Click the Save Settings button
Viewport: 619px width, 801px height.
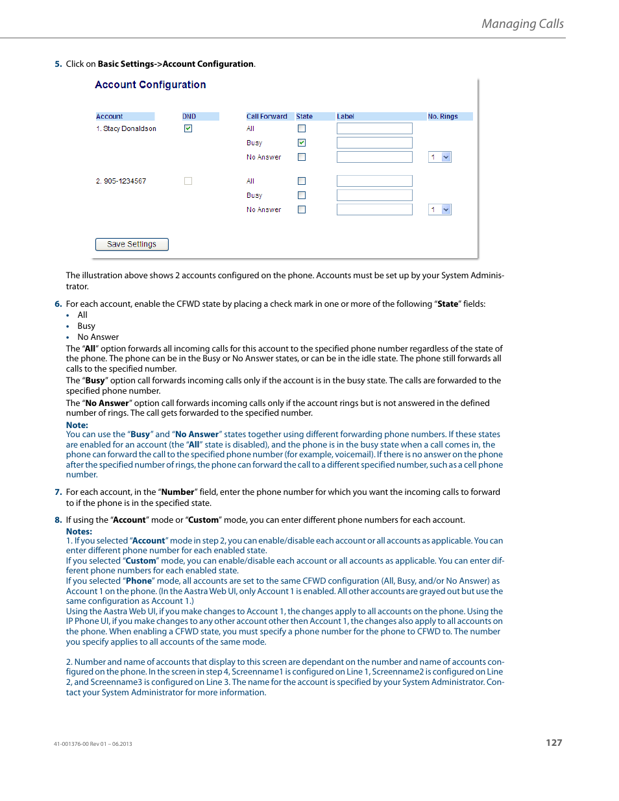(132, 245)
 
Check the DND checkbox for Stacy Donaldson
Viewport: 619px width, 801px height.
(188, 128)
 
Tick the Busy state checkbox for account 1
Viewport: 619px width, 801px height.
(302, 143)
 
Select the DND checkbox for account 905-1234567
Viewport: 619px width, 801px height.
(188, 181)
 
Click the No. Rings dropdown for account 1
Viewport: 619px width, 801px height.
(440, 157)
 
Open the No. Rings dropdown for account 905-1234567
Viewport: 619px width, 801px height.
(440, 209)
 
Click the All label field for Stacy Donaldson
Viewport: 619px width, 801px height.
(374, 128)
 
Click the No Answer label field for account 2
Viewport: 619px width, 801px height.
(374, 209)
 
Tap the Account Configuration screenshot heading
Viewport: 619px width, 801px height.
(151, 85)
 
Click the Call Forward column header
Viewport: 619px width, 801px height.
(267, 117)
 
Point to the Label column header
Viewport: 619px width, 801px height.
(345, 117)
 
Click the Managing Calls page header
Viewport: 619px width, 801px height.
(522, 24)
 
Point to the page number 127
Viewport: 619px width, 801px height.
(553, 743)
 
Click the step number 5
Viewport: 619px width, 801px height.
(58, 64)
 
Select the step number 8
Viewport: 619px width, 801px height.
(58, 520)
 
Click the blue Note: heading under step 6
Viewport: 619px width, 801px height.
(77, 425)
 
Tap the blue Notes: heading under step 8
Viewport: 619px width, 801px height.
(79, 531)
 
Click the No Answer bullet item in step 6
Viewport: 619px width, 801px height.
(98, 337)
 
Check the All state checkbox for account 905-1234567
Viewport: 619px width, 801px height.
(302, 181)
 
